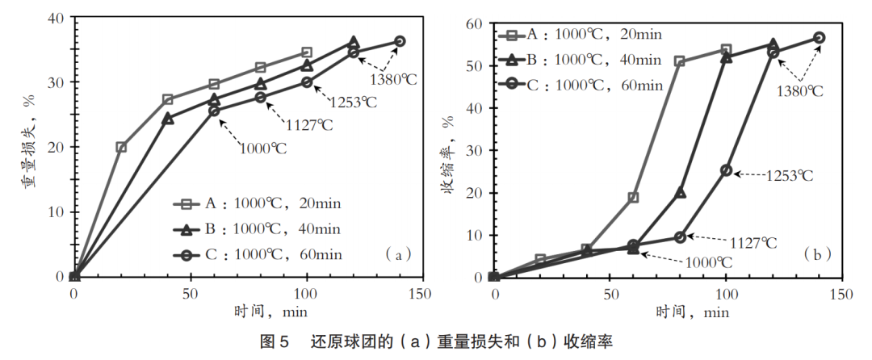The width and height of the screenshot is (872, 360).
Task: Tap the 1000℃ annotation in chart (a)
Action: (262, 148)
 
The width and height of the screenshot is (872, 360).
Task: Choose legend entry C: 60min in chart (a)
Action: (267, 255)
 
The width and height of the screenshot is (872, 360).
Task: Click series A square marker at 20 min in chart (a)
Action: (121, 147)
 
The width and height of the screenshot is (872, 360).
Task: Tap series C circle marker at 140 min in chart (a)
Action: (400, 41)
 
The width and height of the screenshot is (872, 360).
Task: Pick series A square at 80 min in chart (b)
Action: (679, 61)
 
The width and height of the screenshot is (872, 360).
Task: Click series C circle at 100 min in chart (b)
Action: (726, 170)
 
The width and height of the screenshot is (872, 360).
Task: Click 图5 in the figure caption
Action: (274, 341)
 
